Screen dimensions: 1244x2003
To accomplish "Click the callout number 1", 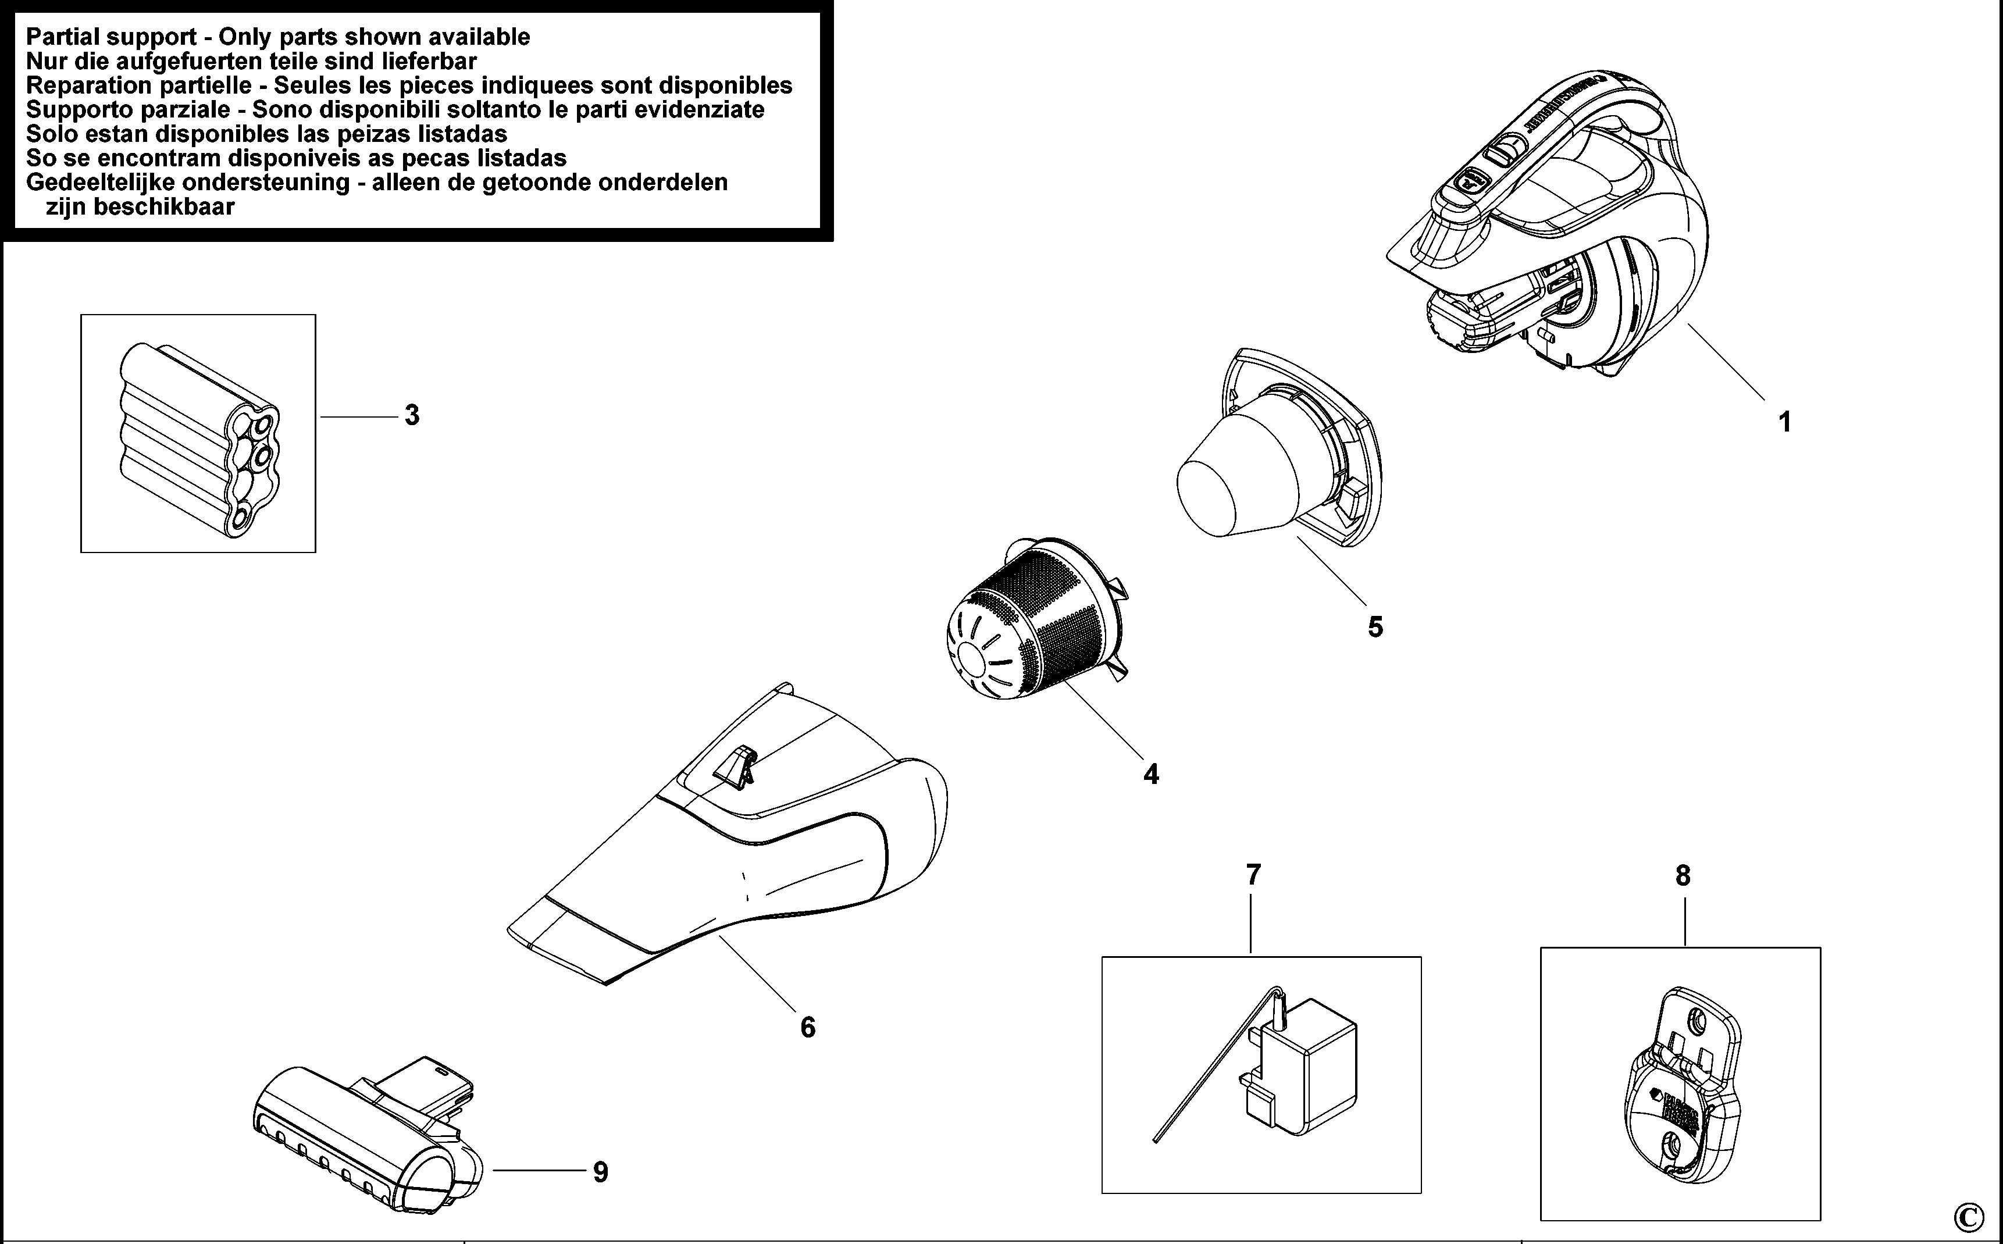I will [x=1784, y=422].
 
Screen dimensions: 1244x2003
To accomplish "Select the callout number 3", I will [x=411, y=415].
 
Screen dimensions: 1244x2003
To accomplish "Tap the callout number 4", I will [x=1151, y=774].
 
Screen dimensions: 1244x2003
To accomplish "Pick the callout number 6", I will [x=808, y=1027].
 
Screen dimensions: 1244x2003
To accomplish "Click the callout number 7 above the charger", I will [x=1253, y=875].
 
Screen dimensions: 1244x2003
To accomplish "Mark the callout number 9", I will [x=600, y=1172].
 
